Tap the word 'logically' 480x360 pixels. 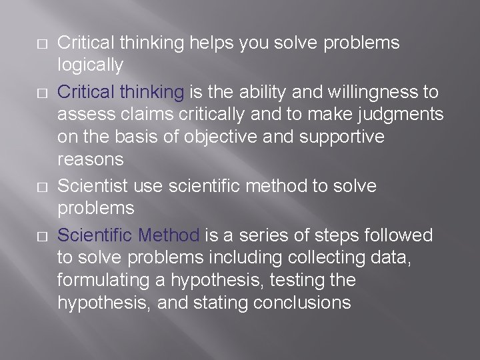90,66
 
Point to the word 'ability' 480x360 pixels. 281,91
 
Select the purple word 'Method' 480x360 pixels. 169,235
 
